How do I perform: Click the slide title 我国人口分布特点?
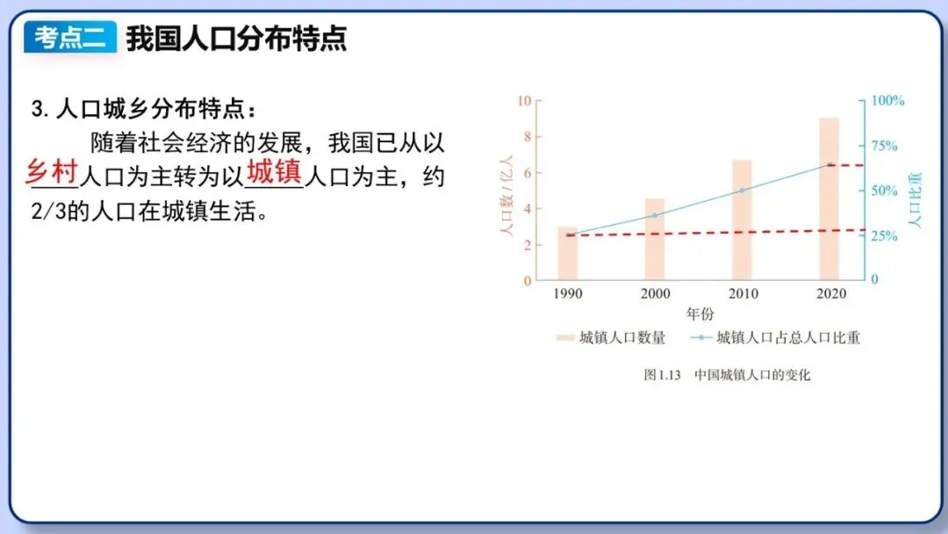(236, 38)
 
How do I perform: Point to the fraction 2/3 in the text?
(48, 213)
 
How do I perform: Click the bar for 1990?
(568, 254)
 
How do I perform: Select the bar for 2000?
(655, 240)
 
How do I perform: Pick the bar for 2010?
(742, 220)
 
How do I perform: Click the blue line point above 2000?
(655, 215)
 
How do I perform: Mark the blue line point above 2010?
(742, 191)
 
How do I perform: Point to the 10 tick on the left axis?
(524, 100)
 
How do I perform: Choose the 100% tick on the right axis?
(887, 100)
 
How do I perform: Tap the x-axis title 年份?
(700, 314)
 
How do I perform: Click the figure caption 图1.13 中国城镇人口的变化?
(727, 375)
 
